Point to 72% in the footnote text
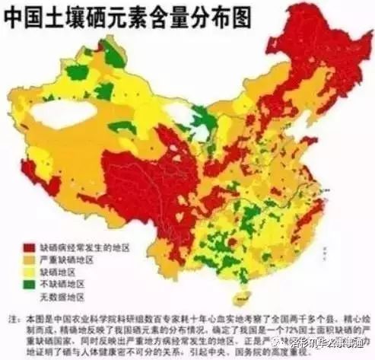pos(294,332)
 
